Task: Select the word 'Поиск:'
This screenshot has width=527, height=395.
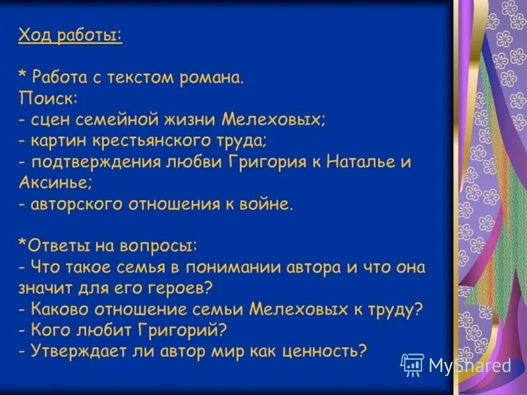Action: tap(47, 99)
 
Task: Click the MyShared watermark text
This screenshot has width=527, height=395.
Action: tap(469, 366)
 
